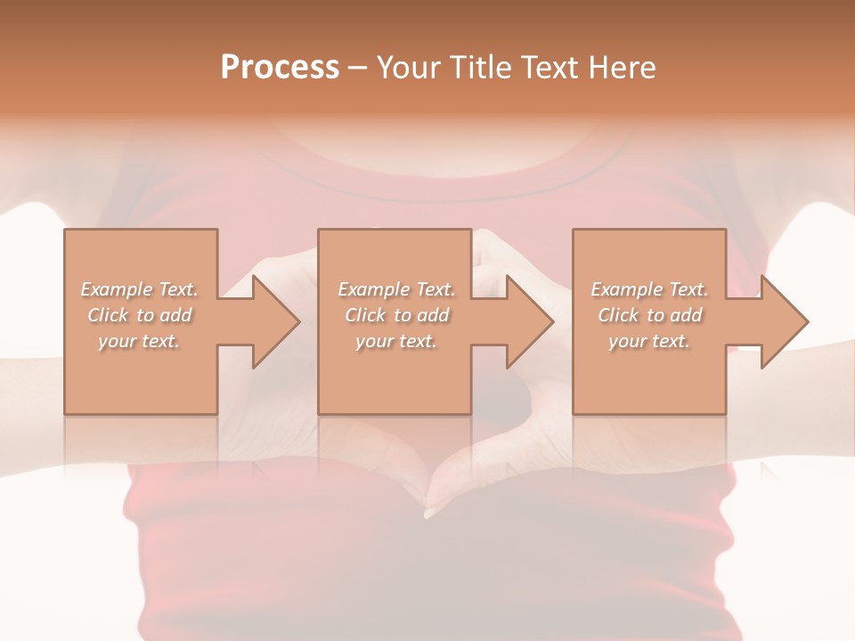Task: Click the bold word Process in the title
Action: (x=280, y=68)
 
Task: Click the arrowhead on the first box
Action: (x=273, y=321)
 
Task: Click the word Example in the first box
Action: (x=117, y=289)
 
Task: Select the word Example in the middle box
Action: (x=374, y=289)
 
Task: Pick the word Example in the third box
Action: (x=627, y=289)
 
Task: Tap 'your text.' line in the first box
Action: (x=139, y=341)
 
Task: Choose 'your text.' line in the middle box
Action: (x=395, y=341)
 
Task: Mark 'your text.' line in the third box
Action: (x=648, y=341)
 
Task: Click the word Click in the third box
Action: (x=618, y=315)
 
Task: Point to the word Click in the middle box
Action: (x=365, y=315)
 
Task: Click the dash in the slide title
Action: (x=358, y=69)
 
